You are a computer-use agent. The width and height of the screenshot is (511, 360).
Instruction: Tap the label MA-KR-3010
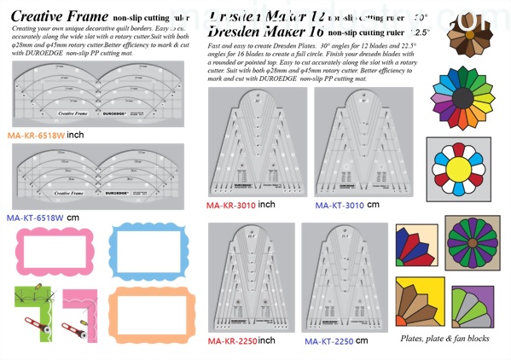232,206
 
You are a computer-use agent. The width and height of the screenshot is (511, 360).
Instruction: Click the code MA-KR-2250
232,341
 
